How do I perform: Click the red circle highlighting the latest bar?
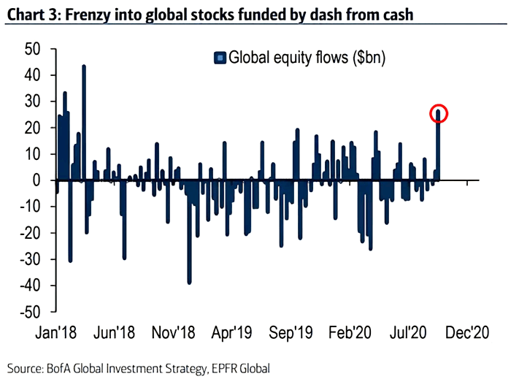pyautogui.click(x=438, y=113)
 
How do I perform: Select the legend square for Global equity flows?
pyautogui.click(x=218, y=57)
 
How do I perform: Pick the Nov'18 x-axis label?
pyautogui.click(x=172, y=332)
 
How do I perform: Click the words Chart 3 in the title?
pyautogui.click(x=31, y=13)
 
